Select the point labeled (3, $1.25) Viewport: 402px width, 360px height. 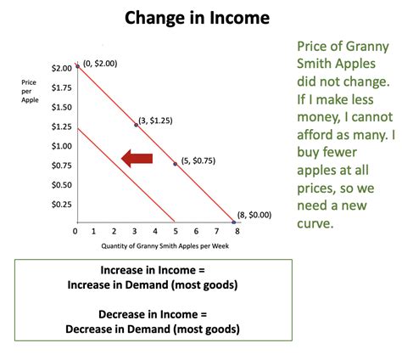pos(137,125)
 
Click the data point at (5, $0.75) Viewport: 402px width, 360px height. pos(176,163)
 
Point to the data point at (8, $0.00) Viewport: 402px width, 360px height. pos(234,222)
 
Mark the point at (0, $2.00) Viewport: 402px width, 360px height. pos(77,65)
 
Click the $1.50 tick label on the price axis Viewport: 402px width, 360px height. pos(61,107)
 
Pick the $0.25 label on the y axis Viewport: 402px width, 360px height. pos(61,205)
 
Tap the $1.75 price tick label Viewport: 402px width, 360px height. pos(61,87)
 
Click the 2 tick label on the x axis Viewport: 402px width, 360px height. pos(116,231)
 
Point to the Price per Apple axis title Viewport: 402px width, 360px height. pos(31,90)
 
